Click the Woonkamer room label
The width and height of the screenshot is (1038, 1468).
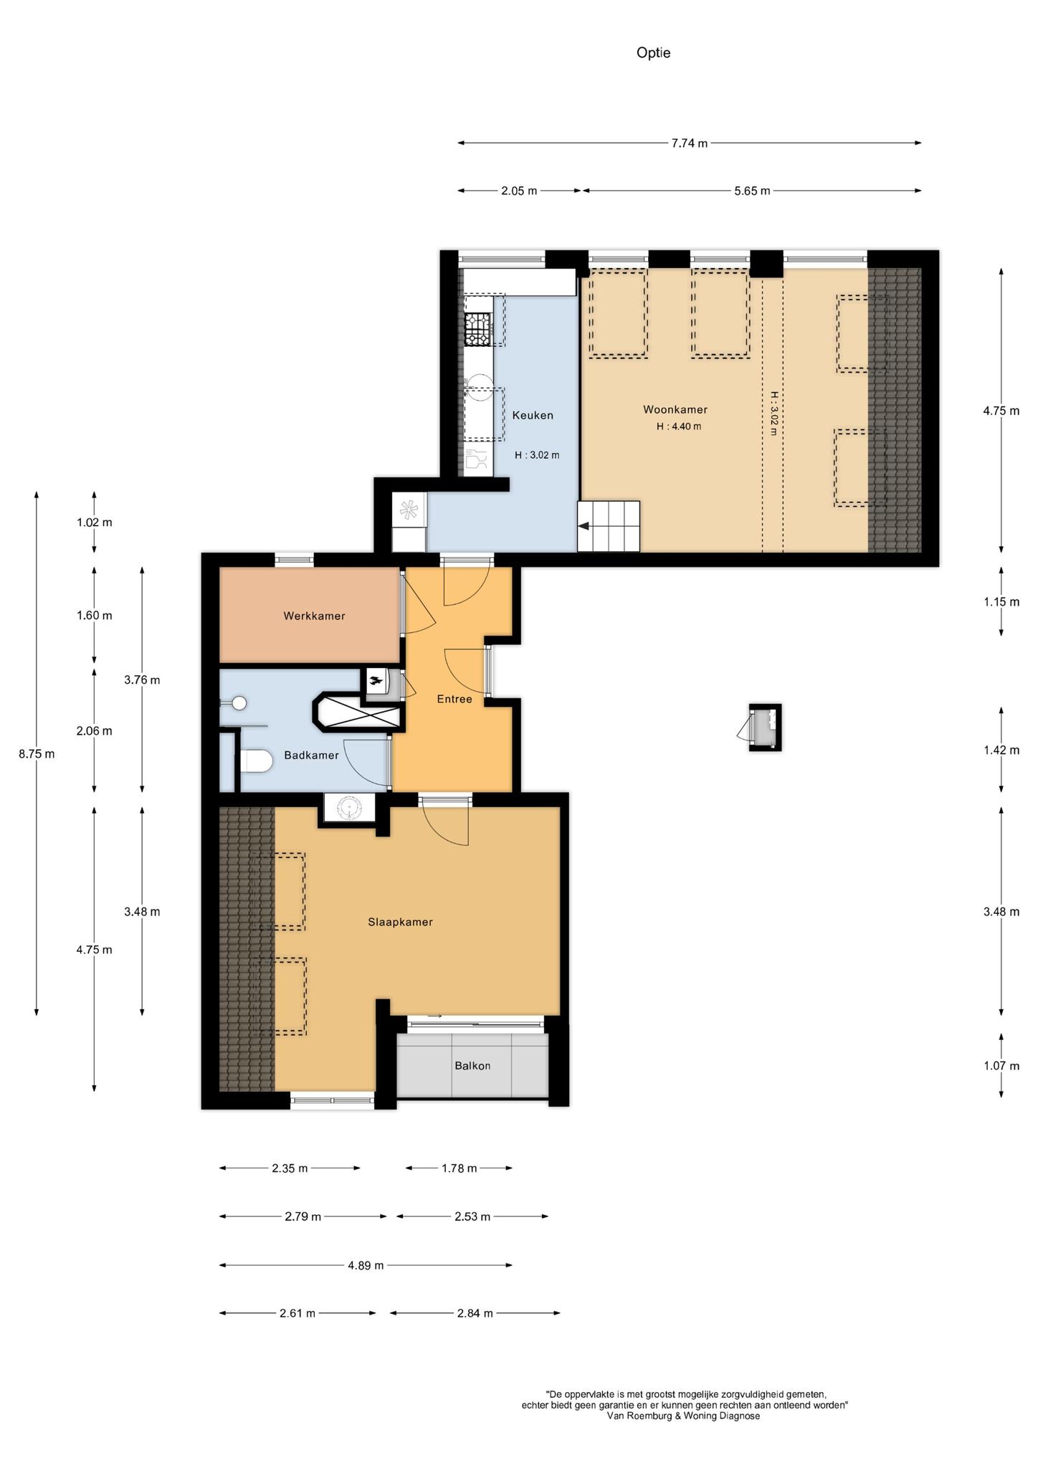[675, 410]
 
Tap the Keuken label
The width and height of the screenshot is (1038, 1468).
[533, 415]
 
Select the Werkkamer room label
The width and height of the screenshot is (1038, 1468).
[314, 616]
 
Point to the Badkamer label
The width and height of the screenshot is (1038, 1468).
[311, 755]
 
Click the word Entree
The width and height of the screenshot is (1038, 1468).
[454, 699]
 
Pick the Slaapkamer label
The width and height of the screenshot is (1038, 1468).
[400, 923]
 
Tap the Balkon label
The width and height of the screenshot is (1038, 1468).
[472, 1066]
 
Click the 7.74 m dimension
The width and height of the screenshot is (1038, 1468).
[689, 143]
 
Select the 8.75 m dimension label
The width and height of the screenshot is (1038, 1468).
[37, 753]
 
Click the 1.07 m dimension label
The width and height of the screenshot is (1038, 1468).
[1001, 1066]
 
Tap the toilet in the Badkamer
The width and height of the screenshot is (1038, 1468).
[254, 761]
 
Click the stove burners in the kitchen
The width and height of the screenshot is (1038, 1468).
[478, 329]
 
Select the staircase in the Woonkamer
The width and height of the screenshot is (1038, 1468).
[609, 526]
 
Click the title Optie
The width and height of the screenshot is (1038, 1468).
[653, 52]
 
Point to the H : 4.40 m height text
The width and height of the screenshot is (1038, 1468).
[679, 426]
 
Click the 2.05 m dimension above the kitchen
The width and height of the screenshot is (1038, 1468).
[519, 191]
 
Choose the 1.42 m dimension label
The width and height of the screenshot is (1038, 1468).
[1001, 750]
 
